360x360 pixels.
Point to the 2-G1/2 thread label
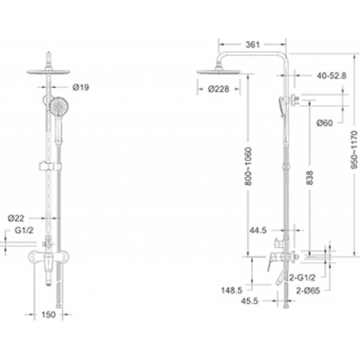[303, 277]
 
